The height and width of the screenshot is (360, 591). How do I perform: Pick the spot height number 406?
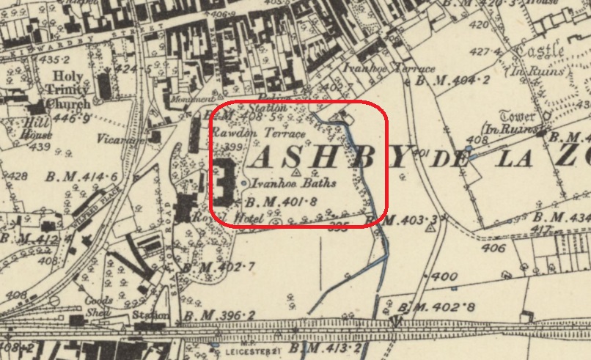pos(493,249)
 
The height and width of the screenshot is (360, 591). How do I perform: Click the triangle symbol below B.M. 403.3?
pos(431,227)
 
